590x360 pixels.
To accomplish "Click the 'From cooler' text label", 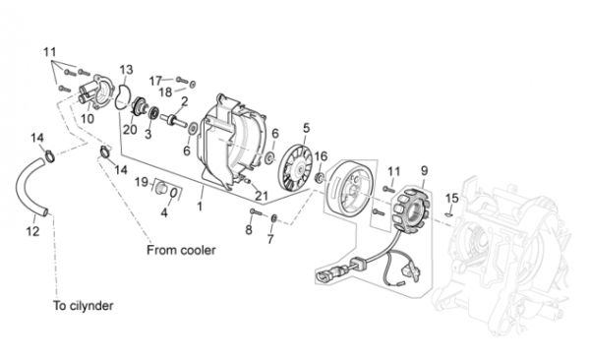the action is pyautogui.click(x=181, y=250).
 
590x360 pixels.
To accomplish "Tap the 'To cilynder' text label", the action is pyautogui.click(x=84, y=305).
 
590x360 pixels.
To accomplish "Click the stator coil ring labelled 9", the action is pyautogui.click(x=410, y=209).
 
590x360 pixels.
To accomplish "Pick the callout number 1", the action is pyautogui.click(x=200, y=207).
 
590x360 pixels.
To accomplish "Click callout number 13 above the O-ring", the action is pyautogui.click(x=127, y=70).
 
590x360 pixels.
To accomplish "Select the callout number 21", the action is pyautogui.click(x=262, y=196).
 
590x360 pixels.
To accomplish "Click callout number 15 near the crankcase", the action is pyautogui.click(x=452, y=198).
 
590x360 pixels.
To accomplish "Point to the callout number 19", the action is pyautogui.click(x=142, y=182).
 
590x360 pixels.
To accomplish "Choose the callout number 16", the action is pyautogui.click(x=321, y=155).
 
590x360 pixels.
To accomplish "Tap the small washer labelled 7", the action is pyautogui.click(x=274, y=217).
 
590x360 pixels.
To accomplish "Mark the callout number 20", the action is pyautogui.click(x=130, y=130).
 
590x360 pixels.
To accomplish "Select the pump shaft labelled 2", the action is pyautogui.click(x=173, y=120).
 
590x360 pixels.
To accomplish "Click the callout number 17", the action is pyautogui.click(x=155, y=81).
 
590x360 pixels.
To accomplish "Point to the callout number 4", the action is pyautogui.click(x=164, y=212).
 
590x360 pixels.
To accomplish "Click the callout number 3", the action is pyautogui.click(x=147, y=134).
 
